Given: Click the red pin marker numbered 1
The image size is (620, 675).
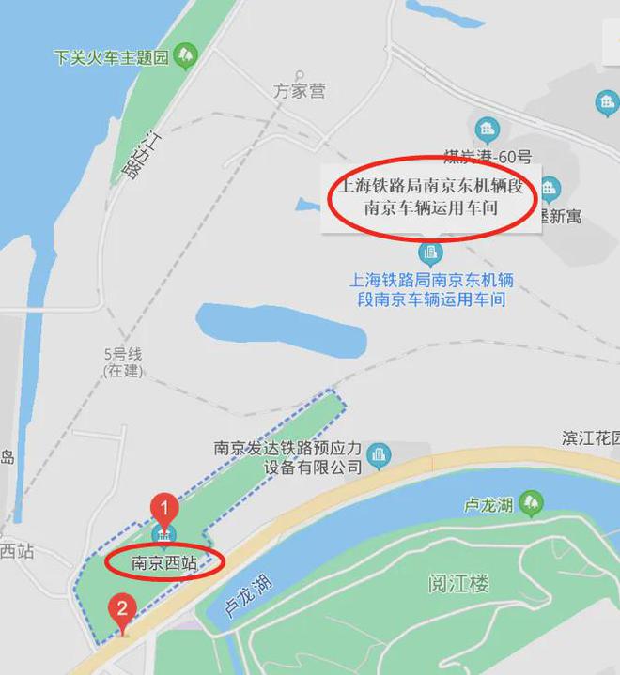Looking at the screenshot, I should [x=164, y=510].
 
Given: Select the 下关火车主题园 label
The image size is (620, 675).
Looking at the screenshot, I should [x=111, y=58].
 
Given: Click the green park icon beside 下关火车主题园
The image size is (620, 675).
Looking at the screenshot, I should [x=185, y=56].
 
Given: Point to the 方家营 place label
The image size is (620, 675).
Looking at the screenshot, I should [x=300, y=91].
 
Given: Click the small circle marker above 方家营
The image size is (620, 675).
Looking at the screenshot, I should [x=300, y=72].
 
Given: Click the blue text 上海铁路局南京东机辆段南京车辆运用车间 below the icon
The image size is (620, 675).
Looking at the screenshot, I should [x=431, y=290].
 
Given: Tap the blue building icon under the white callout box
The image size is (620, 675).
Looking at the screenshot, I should [x=430, y=253].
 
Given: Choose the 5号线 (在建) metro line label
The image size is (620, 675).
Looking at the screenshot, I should [x=122, y=363].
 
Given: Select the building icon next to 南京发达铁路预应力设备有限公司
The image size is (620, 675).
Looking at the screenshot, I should [x=379, y=454].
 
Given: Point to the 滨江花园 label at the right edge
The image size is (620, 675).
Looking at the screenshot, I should [x=593, y=438].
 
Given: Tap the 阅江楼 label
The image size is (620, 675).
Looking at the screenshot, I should [x=457, y=584].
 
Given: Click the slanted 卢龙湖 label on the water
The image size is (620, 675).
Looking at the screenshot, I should [x=249, y=594].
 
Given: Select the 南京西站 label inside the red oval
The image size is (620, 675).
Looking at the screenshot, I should [x=163, y=564].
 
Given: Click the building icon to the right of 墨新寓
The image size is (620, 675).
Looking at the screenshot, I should [x=606, y=101].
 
